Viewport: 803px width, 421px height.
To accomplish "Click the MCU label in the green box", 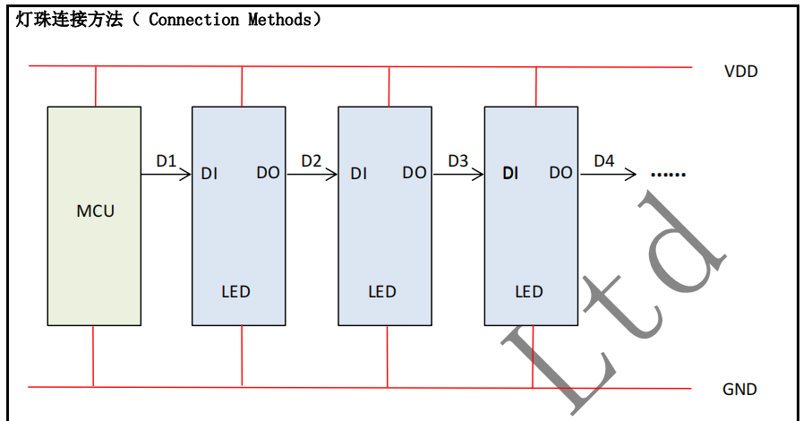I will tap(96, 211).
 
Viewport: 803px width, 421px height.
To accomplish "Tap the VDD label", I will tap(740, 72).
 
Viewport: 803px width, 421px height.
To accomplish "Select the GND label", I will tap(739, 390).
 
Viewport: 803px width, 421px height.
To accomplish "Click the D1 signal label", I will tap(167, 161).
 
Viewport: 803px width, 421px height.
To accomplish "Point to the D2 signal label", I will tap(312, 161).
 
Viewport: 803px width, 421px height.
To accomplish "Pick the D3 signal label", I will tap(457, 161).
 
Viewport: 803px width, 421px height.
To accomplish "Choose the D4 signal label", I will tap(604, 161).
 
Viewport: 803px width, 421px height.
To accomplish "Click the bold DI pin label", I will tap(510, 173).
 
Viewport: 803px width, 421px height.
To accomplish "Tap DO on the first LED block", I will tap(268, 173).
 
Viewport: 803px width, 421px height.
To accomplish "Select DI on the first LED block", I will tap(209, 173).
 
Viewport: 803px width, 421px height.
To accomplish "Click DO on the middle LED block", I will tap(414, 173).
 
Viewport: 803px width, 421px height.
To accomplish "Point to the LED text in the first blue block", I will tap(235, 292).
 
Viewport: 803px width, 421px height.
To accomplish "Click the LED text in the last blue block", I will tap(529, 292).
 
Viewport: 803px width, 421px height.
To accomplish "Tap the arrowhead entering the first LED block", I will tap(186, 173).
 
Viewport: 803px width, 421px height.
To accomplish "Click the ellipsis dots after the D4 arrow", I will tap(667, 174).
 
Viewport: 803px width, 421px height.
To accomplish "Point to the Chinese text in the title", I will tap(69, 20).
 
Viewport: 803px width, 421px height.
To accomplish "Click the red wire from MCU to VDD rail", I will tap(95, 86).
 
